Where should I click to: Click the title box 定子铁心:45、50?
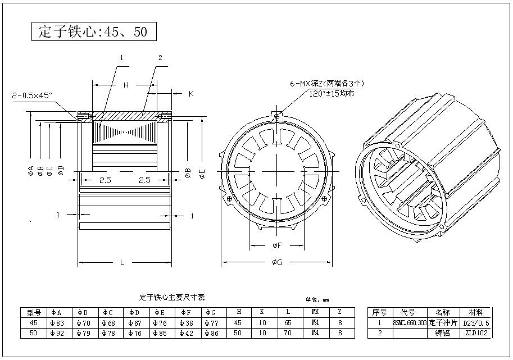[93, 31]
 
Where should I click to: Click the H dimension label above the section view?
[126, 85]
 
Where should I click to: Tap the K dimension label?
[190, 94]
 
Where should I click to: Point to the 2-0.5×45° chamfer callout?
[32, 96]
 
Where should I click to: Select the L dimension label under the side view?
[122, 262]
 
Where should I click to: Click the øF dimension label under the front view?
[277, 245]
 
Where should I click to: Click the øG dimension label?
[277, 262]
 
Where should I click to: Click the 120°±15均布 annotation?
[332, 93]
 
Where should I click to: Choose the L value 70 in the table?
[288, 333]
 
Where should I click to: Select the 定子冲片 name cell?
[443, 323]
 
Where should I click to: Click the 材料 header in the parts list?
[475, 313]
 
